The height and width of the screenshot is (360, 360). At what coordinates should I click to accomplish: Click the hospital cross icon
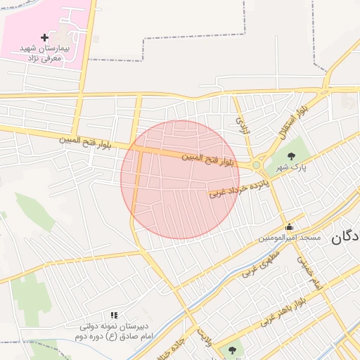(45, 37)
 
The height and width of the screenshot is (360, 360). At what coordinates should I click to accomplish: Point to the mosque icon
(290, 226)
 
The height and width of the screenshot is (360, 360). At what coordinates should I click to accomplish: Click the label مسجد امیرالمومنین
(289, 238)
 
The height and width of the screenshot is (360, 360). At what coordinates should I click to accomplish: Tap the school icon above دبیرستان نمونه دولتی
(114, 316)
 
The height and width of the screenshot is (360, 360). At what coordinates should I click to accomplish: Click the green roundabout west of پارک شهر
(257, 166)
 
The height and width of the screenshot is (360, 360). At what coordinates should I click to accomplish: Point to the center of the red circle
(180, 179)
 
